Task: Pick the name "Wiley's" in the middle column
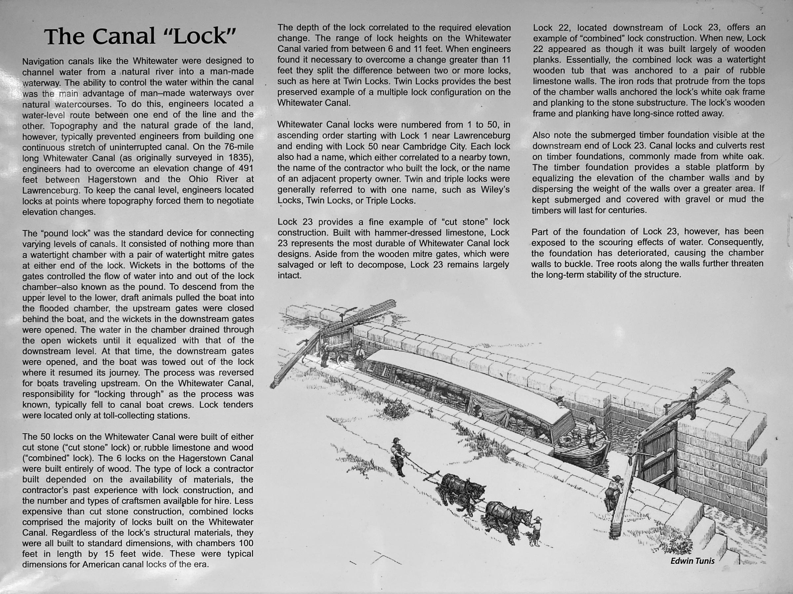click(x=495, y=189)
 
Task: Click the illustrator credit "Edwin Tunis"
click(x=692, y=561)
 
